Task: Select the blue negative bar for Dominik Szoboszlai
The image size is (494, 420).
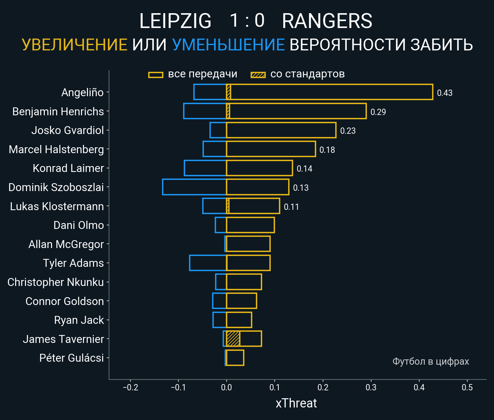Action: (194, 187)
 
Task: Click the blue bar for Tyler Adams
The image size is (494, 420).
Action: (208, 263)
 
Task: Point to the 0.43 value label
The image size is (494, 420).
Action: (445, 93)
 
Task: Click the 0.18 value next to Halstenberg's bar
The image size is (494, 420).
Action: (327, 150)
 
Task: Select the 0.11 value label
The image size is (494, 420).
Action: (291, 207)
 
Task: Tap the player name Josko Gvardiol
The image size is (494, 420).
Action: (68, 130)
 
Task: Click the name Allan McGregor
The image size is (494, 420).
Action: (66, 244)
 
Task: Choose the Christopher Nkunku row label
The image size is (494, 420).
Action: (55, 282)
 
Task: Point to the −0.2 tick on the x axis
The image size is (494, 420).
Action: (130, 387)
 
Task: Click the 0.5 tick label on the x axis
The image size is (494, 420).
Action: (467, 387)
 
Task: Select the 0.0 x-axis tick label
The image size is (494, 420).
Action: (227, 387)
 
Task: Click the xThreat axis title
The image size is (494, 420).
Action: (296, 403)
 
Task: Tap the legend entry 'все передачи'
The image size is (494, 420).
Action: (202, 74)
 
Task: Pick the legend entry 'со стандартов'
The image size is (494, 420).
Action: (307, 74)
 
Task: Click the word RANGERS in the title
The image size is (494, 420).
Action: (327, 21)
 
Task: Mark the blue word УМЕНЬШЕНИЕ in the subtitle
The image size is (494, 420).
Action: (228, 45)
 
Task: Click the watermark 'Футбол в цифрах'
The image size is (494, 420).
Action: (430, 361)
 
